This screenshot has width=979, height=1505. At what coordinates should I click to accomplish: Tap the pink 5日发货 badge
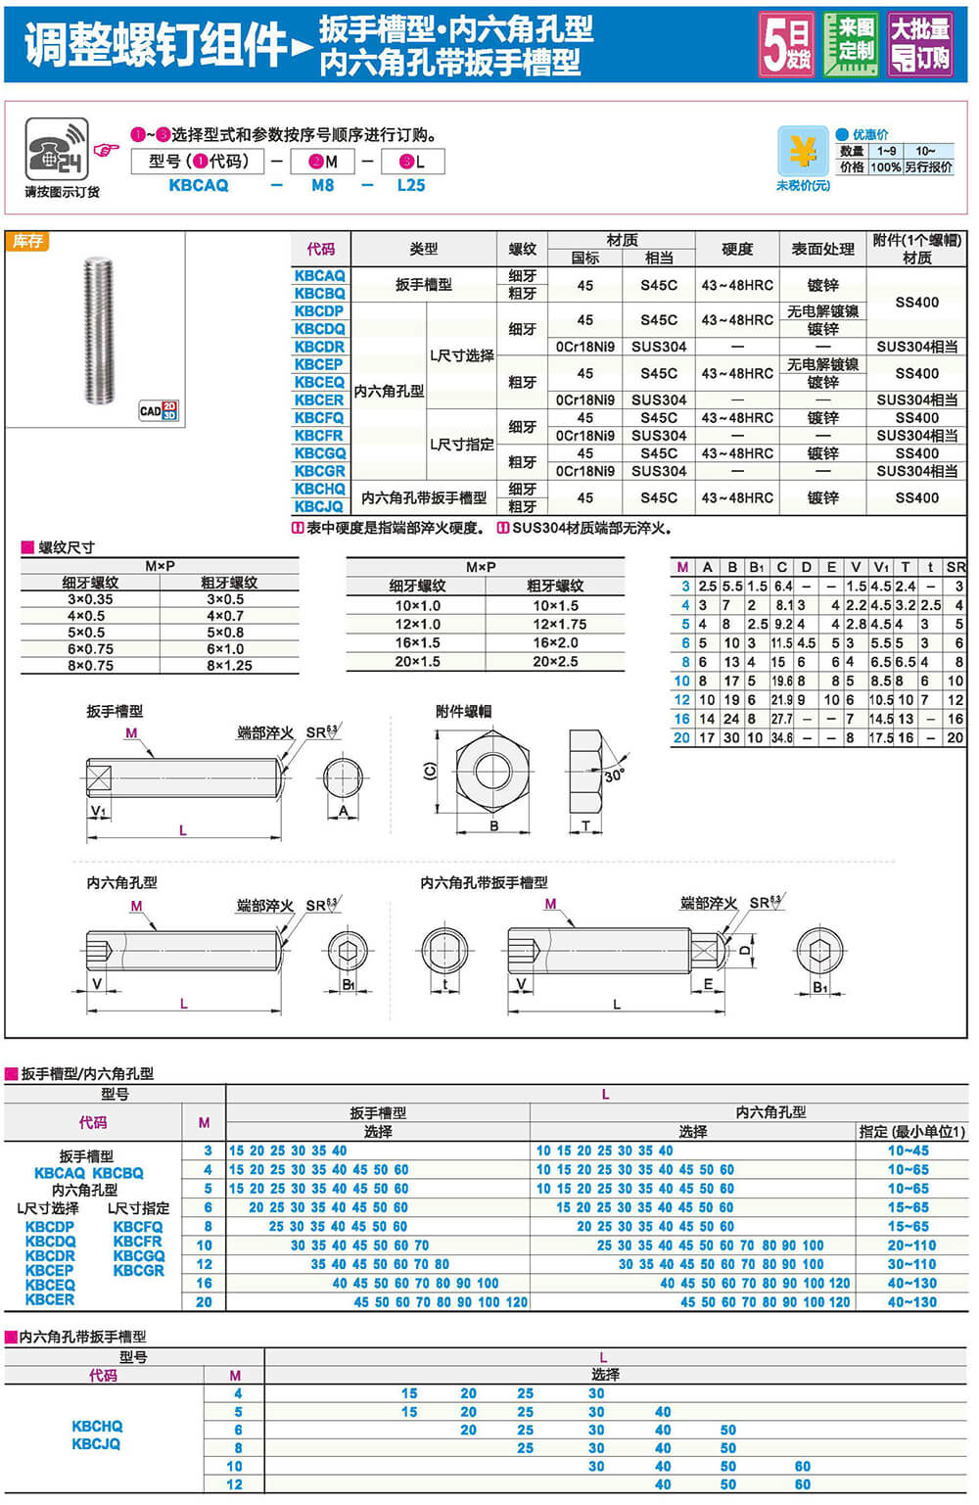point(787,44)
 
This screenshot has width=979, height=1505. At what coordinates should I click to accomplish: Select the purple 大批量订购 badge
point(919,44)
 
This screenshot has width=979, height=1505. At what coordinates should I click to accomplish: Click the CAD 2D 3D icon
point(158,410)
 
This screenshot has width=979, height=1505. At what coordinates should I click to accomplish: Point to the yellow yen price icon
point(802,151)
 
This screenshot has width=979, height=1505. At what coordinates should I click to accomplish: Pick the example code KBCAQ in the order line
point(198,185)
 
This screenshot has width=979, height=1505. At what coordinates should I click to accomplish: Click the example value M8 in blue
point(322,185)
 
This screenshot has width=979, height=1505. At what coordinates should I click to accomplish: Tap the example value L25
point(411,185)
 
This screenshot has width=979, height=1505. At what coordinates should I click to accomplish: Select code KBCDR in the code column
point(319,347)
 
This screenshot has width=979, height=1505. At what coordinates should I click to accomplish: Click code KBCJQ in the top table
point(319,506)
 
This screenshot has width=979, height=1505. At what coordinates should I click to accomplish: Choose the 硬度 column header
point(737,249)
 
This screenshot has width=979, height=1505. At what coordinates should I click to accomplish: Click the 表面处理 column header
point(822,249)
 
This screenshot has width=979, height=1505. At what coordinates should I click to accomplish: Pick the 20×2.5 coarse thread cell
point(555,662)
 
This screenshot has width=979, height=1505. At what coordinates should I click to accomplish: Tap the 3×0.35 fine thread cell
point(90,599)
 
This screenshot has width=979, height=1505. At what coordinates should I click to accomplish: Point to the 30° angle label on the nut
point(614,776)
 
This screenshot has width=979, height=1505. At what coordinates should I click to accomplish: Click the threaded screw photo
point(98,330)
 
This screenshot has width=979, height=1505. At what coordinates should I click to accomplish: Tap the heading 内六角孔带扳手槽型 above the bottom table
point(83,1337)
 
